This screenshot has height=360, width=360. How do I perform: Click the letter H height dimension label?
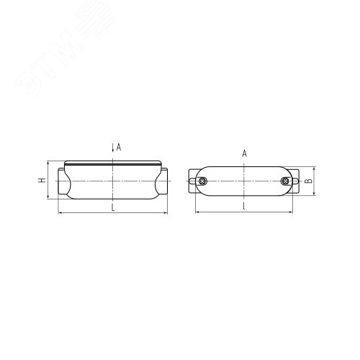tap(42, 180)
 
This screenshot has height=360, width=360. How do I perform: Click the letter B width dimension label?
tap(308, 182)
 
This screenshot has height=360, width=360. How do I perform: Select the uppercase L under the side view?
tap(114, 207)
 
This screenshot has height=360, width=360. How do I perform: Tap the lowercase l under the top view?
tap(245, 207)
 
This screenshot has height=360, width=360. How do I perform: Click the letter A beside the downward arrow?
tap(119, 147)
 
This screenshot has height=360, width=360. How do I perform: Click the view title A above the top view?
tap(245, 154)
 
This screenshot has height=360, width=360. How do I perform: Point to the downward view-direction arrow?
tap(112, 148)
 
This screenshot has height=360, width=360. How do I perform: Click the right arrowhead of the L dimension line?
tap(171, 213)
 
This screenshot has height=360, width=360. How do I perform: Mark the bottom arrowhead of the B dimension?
tap(303, 194)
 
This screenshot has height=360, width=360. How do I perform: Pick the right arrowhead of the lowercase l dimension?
tap(296, 213)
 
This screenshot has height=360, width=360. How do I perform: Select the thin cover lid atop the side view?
tap(114, 162)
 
